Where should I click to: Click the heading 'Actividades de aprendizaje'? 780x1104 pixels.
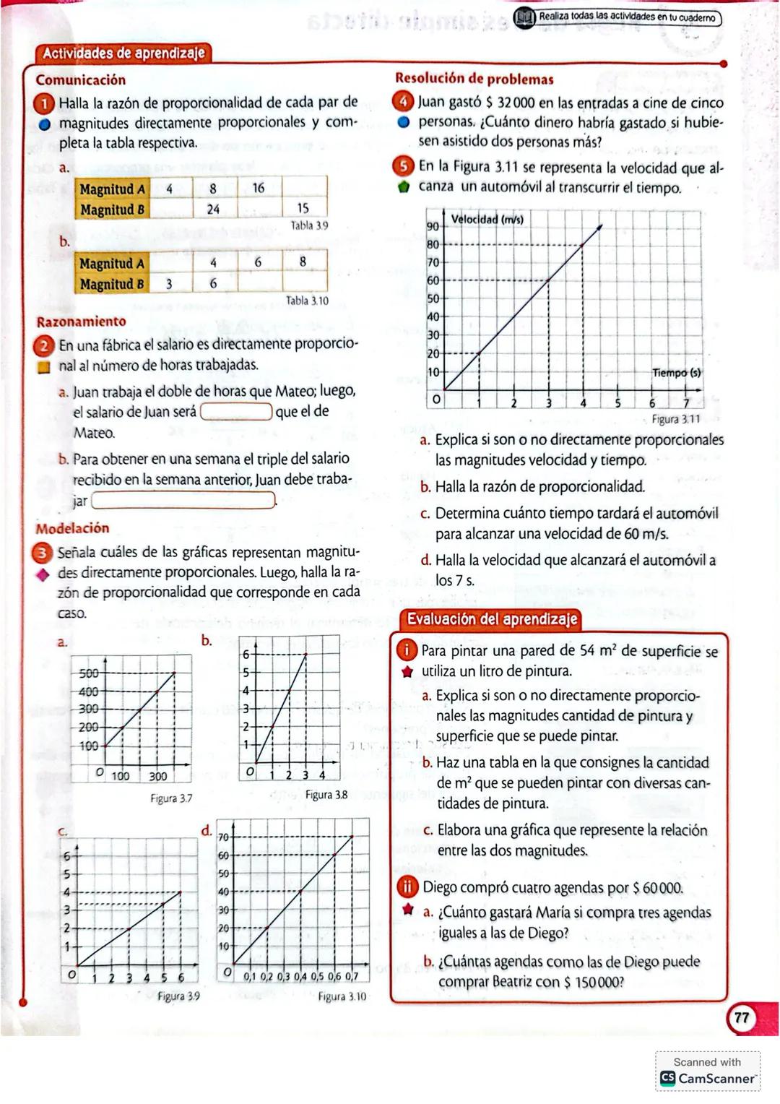[123, 53]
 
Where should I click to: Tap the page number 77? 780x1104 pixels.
[742, 1018]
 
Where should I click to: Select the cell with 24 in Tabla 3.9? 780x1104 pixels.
[213, 209]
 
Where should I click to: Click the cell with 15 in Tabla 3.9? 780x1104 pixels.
[303, 208]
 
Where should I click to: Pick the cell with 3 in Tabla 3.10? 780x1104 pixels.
[169, 284]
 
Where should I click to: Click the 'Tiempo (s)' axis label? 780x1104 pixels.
[676, 373]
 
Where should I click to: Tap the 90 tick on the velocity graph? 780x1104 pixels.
[433, 227]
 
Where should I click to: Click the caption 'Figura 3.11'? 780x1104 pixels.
[675, 419]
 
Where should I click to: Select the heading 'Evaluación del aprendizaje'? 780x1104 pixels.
[492, 619]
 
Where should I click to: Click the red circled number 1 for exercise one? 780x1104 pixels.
[45, 103]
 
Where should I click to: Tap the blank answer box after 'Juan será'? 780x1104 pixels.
[236, 412]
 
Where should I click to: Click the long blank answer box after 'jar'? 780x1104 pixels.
[183, 500]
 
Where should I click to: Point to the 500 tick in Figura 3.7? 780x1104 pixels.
[88, 673]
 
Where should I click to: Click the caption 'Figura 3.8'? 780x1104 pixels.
[326, 795]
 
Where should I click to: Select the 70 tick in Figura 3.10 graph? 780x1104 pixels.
[223, 837]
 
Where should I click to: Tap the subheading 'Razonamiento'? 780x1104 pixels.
[81, 322]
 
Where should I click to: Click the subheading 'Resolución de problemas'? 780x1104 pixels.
[474, 79]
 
